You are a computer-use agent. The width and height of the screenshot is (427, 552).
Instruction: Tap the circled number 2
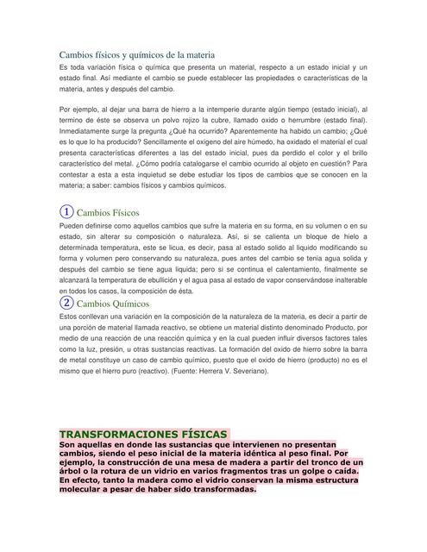[x=66, y=303]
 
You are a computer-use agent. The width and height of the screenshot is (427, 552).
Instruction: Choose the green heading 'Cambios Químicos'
[x=113, y=304]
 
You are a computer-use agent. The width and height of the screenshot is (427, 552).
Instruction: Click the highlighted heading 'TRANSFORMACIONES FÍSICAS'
[x=143, y=433]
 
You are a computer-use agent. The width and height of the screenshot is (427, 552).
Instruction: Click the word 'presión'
[x=126, y=349]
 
